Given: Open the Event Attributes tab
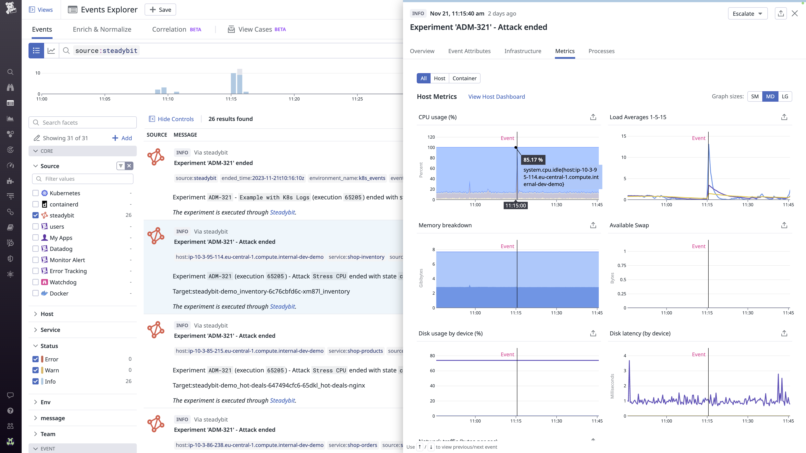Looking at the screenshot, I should [469, 51].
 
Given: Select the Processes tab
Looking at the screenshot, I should [601, 51].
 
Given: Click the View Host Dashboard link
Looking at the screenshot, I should [496, 97].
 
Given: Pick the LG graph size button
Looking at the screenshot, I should [785, 97].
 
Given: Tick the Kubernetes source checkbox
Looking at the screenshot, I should [36, 193].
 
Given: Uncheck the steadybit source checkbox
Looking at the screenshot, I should [36, 215].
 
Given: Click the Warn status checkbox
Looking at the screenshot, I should [36, 370].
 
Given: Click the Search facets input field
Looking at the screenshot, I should [83, 122].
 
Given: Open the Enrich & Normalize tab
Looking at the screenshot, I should [102, 29].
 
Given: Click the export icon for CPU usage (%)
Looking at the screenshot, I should [593, 117].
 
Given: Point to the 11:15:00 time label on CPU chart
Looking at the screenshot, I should [515, 205].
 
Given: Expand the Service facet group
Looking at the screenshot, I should [50, 330].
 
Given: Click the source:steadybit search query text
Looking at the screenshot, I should [106, 51].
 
